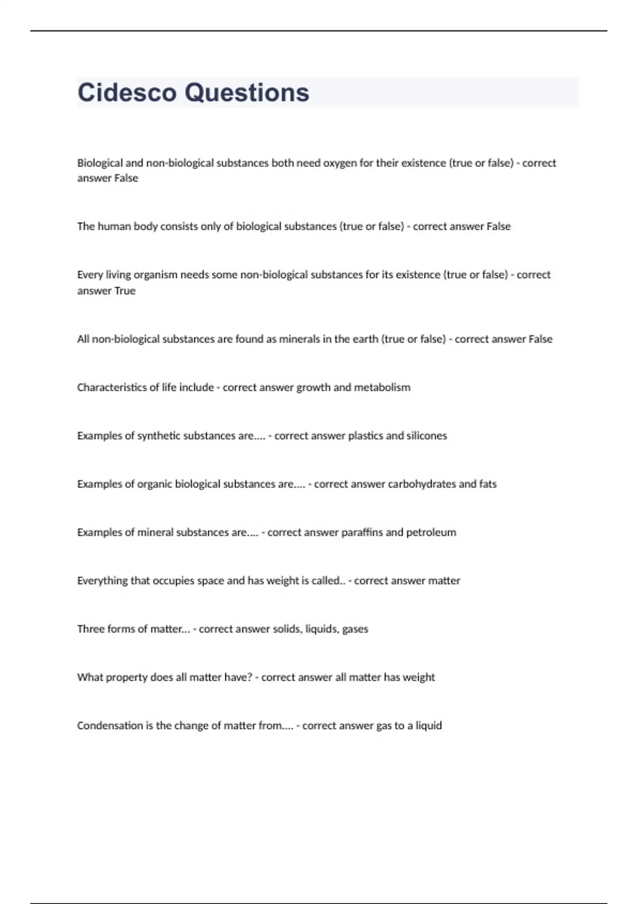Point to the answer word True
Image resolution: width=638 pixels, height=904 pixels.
click(125, 291)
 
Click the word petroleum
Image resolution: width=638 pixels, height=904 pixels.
click(431, 533)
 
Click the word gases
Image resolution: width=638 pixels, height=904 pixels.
click(355, 630)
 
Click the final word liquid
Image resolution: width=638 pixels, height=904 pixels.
click(429, 726)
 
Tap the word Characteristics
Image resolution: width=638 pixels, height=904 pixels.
click(112, 388)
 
